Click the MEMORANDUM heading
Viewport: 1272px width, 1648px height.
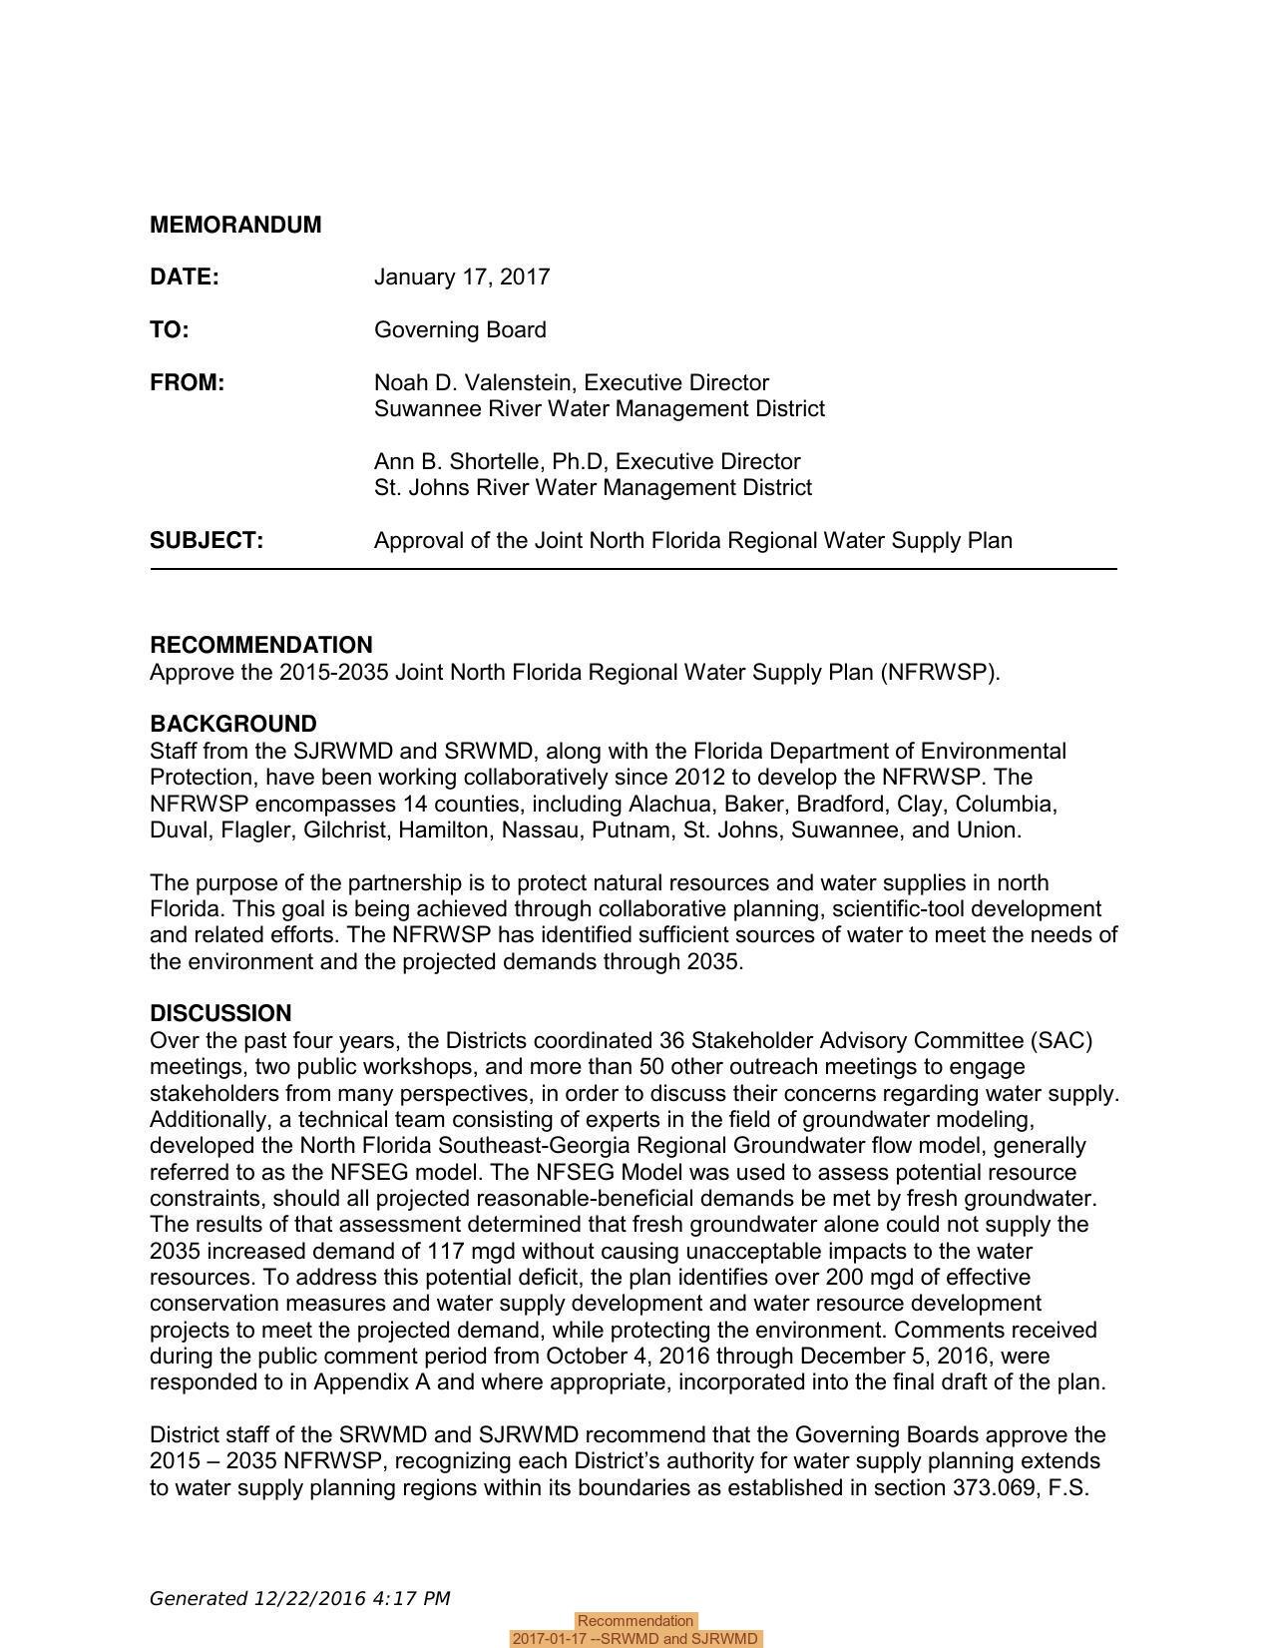click(x=235, y=225)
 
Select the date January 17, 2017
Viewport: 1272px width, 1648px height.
click(x=461, y=277)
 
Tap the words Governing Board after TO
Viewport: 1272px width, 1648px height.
click(x=460, y=330)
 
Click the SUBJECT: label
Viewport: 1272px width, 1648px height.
click(x=207, y=541)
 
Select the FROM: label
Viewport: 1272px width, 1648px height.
click(x=187, y=383)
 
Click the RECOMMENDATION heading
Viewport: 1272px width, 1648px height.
click(x=260, y=645)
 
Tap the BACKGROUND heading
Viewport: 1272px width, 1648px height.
click(x=232, y=724)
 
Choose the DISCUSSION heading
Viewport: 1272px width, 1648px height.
click(x=220, y=1013)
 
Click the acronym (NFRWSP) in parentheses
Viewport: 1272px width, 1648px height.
click(x=940, y=672)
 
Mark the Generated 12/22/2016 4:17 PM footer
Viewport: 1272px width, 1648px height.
click(x=299, y=1598)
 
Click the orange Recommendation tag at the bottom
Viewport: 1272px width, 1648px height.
click(x=636, y=1621)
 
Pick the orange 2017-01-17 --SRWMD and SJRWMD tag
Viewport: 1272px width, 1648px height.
click(x=636, y=1639)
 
